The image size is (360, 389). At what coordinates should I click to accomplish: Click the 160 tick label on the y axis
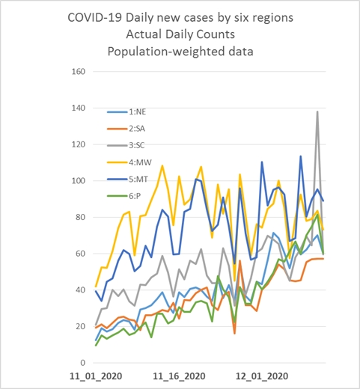coord(79,72)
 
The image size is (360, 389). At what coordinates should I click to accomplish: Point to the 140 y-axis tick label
coord(79,108)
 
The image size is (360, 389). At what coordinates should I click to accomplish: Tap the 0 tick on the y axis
coord(82,363)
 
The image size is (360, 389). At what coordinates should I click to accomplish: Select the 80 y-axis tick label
coord(80,217)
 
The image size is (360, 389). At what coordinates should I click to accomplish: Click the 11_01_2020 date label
coord(96,376)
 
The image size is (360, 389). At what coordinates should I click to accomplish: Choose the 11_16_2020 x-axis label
coord(179,376)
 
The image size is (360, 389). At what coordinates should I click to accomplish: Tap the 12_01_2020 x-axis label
coord(262,376)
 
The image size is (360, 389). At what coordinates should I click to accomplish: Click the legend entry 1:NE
coord(126,112)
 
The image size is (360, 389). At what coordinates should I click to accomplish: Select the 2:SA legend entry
coord(126,129)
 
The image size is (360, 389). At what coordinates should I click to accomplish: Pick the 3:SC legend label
coord(126,145)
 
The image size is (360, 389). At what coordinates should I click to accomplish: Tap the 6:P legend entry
coord(124,196)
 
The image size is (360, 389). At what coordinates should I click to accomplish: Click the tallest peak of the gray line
coord(317,111)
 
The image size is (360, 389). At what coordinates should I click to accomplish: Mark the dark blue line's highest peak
coord(301,156)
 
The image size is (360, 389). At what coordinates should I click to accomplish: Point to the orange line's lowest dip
coord(235,334)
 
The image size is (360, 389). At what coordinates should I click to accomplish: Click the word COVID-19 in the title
coord(95,18)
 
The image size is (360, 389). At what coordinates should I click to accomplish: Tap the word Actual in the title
coord(144,34)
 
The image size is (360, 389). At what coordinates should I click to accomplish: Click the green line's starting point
coord(96,346)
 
